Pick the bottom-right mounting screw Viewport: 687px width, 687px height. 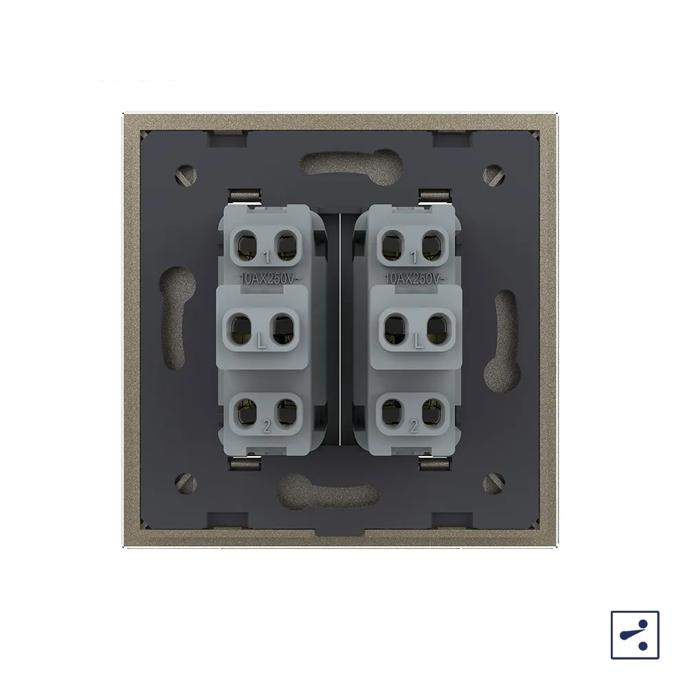click(x=494, y=483)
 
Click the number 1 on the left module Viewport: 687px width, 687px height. click(x=267, y=257)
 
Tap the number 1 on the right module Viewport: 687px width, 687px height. click(x=414, y=257)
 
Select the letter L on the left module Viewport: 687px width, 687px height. click(x=262, y=341)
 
